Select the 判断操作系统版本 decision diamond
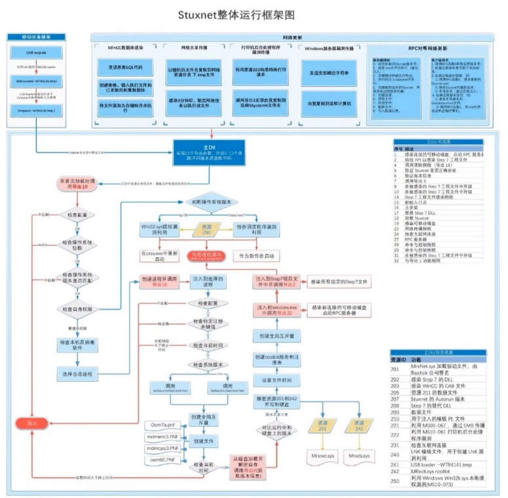tap(208, 202)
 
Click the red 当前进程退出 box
tap(208, 255)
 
